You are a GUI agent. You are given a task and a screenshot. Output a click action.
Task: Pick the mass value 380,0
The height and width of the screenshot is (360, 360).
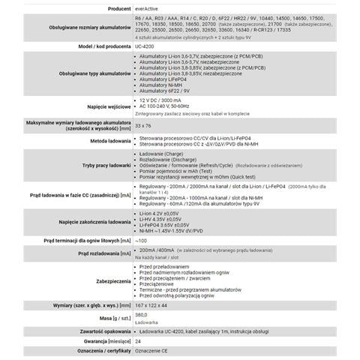click(x=142, y=315)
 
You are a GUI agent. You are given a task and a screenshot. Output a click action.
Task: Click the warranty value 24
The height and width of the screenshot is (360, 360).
click(x=138, y=340)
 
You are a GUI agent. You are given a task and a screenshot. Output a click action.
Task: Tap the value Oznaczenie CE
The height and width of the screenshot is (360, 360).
click(x=154, y=350)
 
